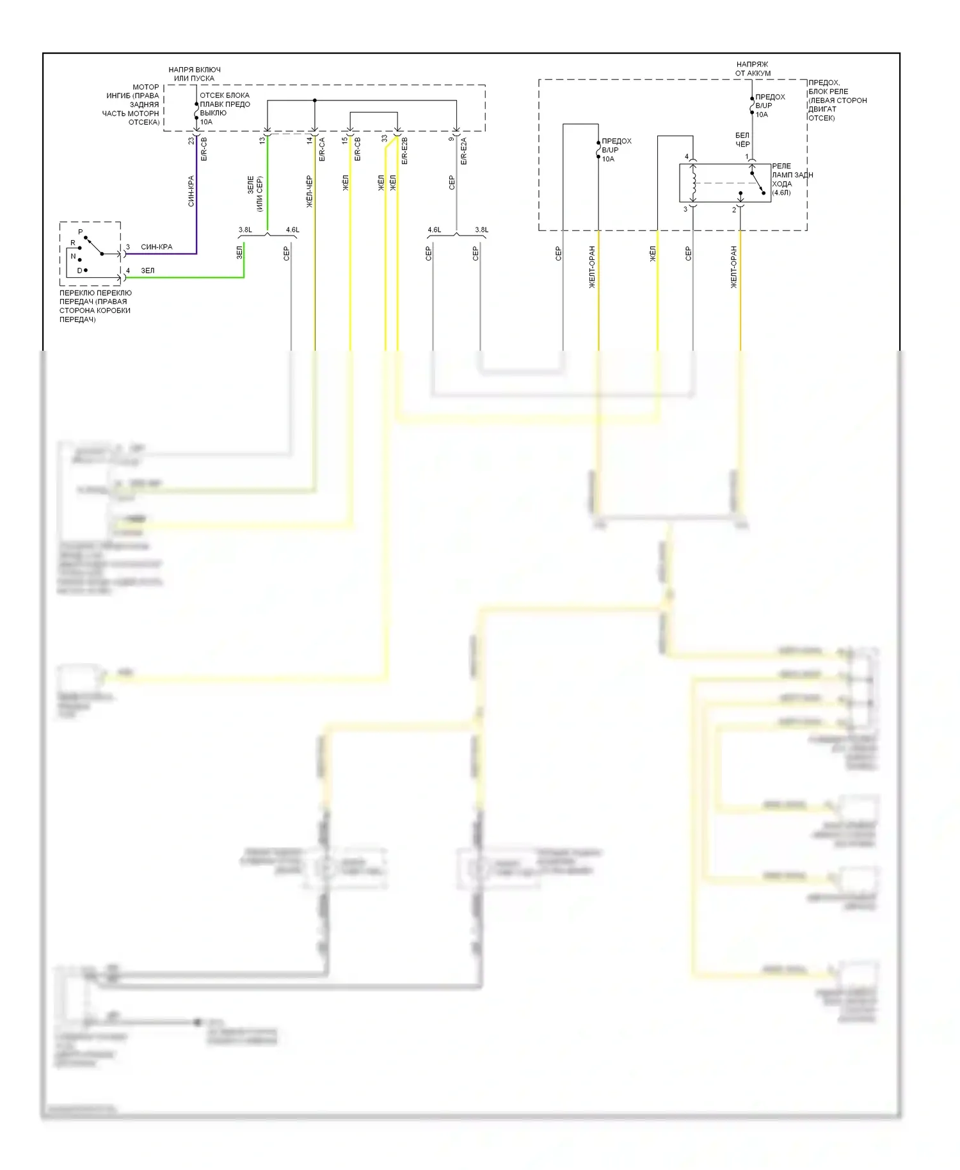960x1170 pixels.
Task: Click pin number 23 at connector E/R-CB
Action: click(191, 140)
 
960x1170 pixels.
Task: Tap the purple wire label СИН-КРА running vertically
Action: click(191, 191)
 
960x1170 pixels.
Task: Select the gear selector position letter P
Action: click(80, 232)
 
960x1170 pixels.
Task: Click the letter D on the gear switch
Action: click(79, 271)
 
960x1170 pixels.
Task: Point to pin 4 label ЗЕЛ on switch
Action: click(148, 271)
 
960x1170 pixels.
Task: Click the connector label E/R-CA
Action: click(322, 149)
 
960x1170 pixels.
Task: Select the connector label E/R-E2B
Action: click(404, 151)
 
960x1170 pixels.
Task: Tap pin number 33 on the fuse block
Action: click(385, 138)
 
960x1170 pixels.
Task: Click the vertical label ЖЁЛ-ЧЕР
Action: click(310, 191)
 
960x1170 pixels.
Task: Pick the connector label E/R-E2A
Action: click(464, 151)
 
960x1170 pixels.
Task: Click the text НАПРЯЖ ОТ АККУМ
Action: click(753, 68)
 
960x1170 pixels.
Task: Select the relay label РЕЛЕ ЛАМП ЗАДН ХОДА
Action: click(791, 179)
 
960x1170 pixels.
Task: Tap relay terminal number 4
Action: click(687, 157)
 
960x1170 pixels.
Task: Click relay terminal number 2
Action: click(734, 210)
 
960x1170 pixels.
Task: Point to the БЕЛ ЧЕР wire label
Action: click(742, 140)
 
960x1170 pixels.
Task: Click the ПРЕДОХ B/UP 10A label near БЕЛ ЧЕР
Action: click(769, 106)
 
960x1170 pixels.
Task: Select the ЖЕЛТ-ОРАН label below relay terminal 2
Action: click(734, 266)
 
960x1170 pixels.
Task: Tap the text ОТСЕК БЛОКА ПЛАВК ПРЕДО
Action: click(225, 100)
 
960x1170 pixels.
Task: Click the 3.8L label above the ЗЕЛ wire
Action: click(245, 230)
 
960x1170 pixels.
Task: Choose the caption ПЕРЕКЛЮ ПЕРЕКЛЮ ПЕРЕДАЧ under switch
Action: click(95, 306)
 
